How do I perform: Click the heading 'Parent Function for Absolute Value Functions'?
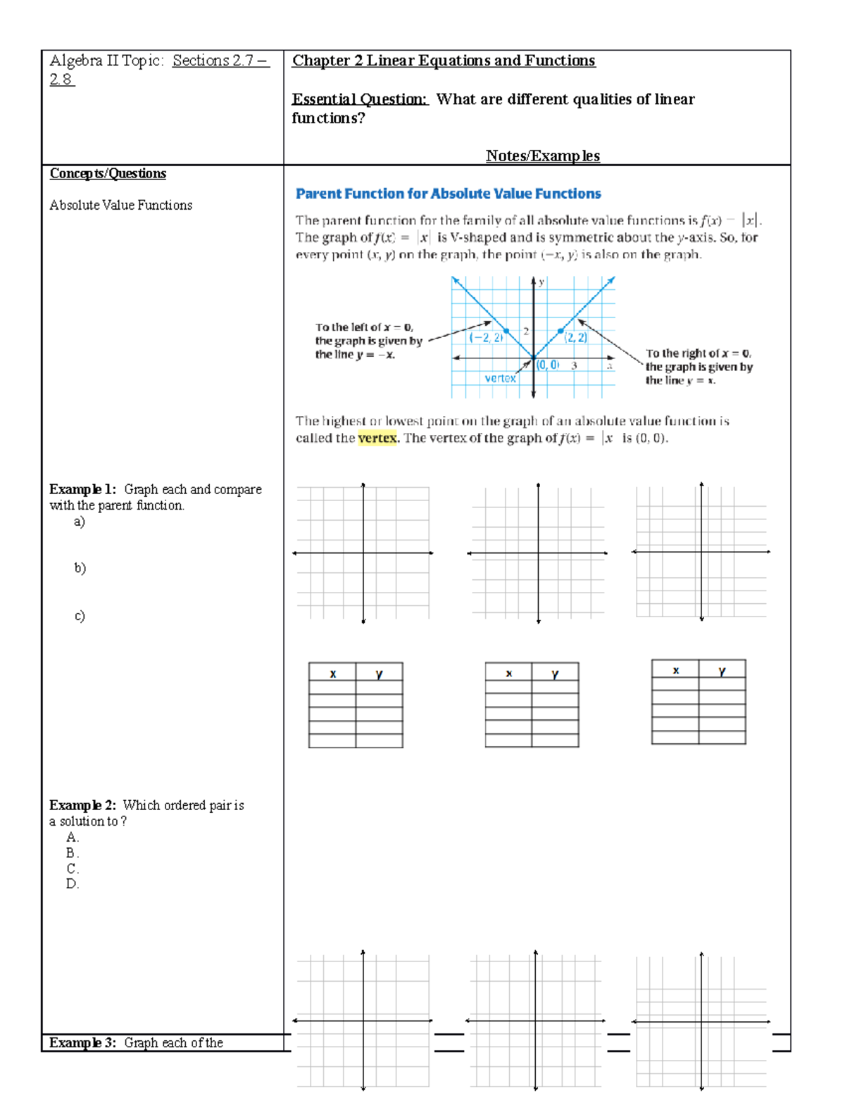tap(448, 194)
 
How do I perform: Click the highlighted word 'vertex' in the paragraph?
tap(377, 438)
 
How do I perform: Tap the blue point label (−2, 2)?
tap(487, 338)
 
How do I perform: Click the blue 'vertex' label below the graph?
tap(500, 378)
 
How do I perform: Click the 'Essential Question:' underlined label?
tap(360, 99)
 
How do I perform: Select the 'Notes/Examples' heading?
tap(542, 156)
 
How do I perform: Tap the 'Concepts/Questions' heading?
tap(108, 174)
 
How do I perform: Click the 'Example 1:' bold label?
tap(82, 489)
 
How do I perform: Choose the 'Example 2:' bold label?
tap(82, 805)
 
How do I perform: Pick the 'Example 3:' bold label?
tap(82, 1042)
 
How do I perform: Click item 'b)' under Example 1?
tap(80, 568)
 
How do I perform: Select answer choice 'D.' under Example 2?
tap(73, 884)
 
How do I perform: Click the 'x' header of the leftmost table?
tap(332, 674)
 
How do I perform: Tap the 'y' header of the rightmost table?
tap(722, 671)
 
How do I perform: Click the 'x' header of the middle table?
tap(508, 674)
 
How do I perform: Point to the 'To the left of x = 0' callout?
tap(368, 341)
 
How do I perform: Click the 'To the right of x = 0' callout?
tap(699, 367)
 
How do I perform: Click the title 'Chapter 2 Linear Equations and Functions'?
tap(444, 61)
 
